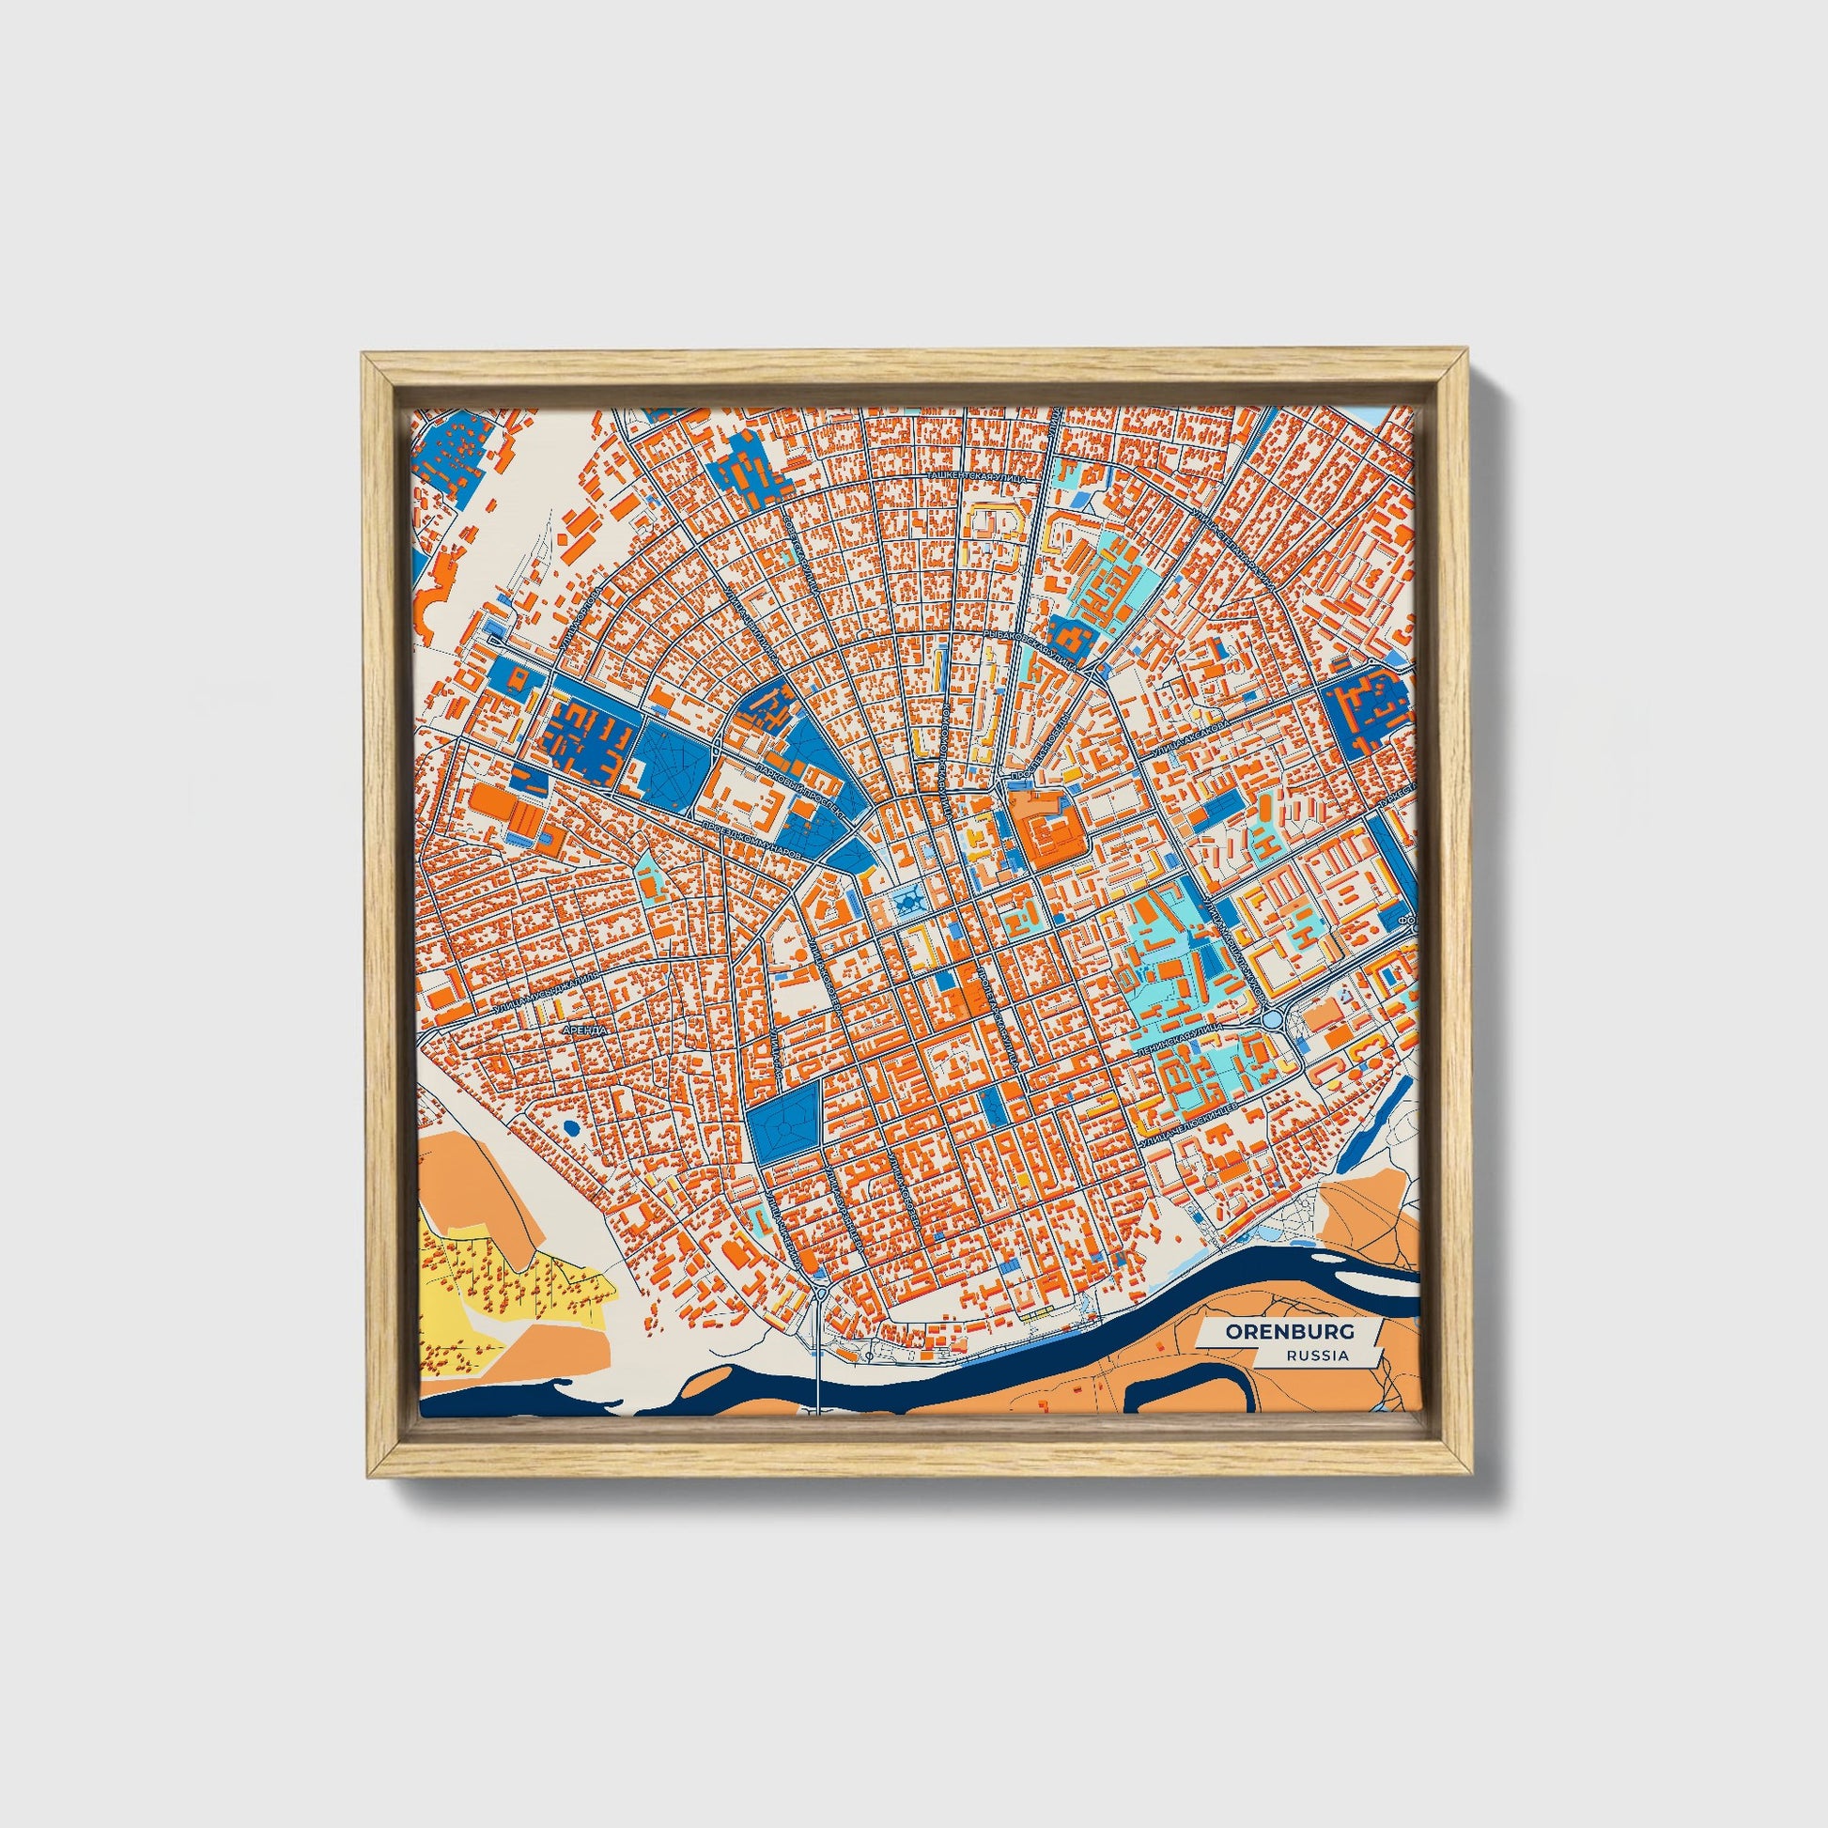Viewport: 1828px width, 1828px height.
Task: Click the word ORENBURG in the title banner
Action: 1290,1331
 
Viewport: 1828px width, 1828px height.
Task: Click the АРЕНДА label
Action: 583,1028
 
